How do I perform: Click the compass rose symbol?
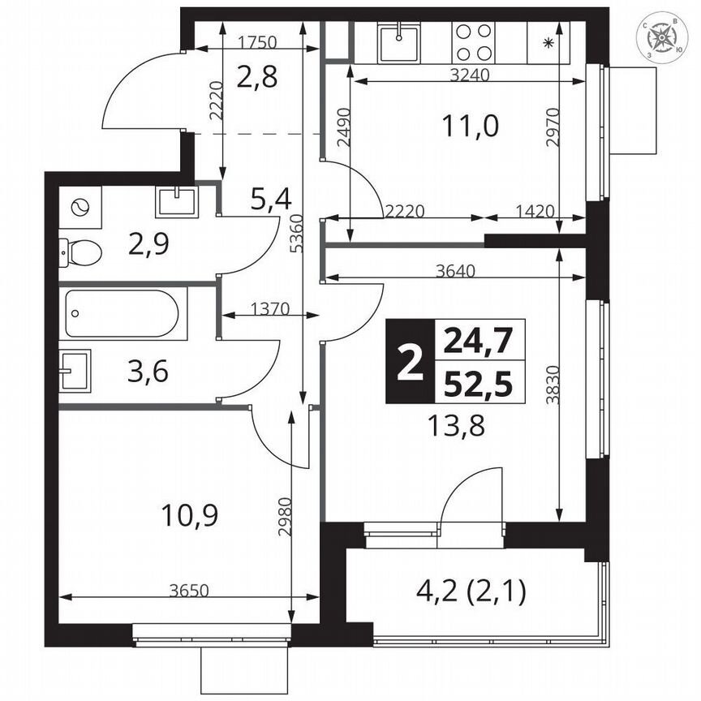(x=664, y=38)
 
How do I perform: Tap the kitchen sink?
(x=398, y=44)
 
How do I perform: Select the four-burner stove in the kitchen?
(x=473, y=43)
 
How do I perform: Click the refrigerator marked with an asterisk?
(x=548, y=43)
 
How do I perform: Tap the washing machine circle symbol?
(x=80, y=208)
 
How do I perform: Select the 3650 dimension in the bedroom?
(x=189, y=590)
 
